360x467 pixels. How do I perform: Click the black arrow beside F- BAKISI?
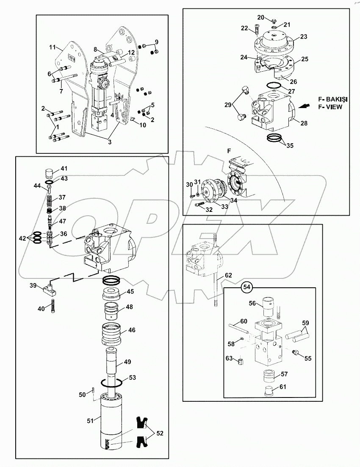click(303, 106)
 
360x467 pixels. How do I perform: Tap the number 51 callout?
click(90, 420)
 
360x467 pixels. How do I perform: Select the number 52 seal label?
click(159, 433)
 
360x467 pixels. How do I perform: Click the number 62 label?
click(228, 275)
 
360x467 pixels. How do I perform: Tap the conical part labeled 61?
click(269, 390)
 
